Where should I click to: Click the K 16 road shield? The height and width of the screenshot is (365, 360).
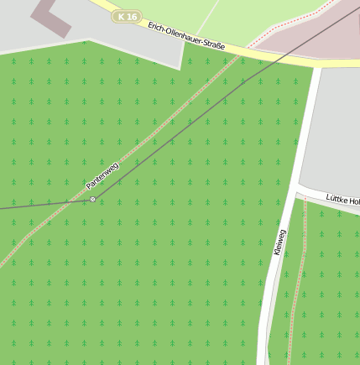coord(127,16)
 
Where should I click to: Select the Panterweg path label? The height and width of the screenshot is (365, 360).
coord(102,175)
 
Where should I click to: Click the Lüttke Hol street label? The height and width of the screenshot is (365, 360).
coord(342,201)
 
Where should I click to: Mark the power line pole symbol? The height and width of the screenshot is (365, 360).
coord(92,199)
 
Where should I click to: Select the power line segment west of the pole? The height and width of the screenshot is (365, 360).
coord(42,204)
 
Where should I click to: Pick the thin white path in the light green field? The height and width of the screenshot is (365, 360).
coord(209,17)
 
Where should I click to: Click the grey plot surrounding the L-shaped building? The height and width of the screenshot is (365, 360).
coord(126,46)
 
